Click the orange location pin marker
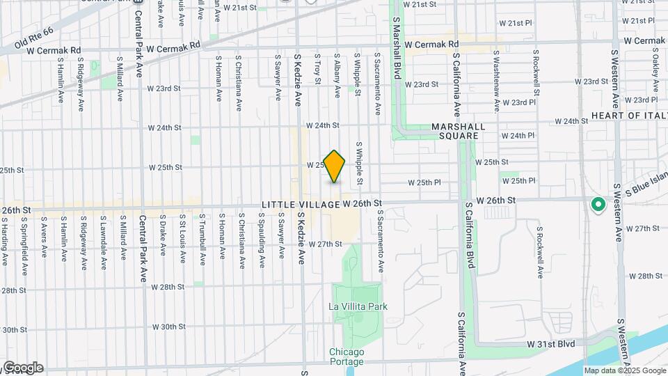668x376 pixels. tap(335, 166)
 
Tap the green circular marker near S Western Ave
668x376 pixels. tap(597, 205)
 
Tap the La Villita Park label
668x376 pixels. tap(358, 306)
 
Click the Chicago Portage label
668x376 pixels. tap(347, 357)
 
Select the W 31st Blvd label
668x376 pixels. tap(550, 345)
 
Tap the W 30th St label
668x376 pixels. tap(168, 327)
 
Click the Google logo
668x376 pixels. tap(22, 368)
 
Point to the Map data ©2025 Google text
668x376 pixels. tap(624, 371)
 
